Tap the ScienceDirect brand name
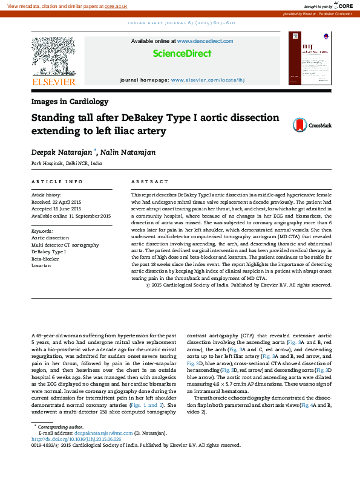pyautogui.click(x=182, y=54)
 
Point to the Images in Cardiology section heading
pyautogui.click(x=70, y=102)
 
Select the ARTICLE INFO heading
pyautogui.click(x=57, y=181)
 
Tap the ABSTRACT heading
pyautogui.click(x=150, y=181)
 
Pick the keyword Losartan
pyautogui.click(x=42, y=265)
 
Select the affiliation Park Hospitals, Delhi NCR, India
pyautogui.click(x=67, y=164)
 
